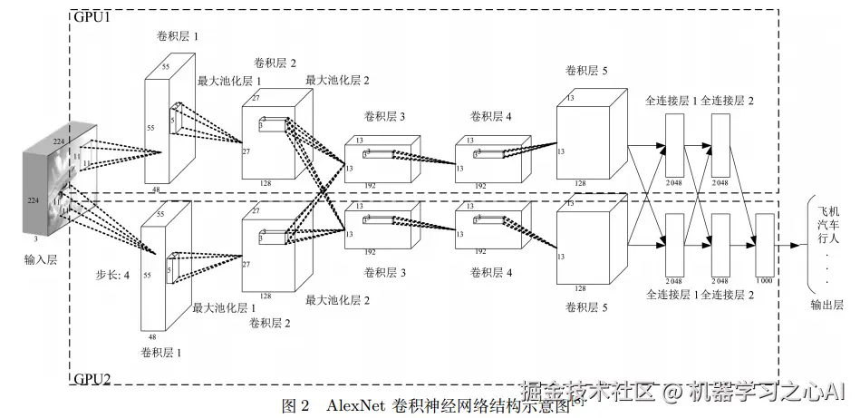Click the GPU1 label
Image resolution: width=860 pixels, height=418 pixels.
click(x=90, y=17)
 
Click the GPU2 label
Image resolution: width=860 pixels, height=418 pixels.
click(x=91, y=378)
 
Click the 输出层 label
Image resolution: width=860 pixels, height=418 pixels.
click(x=826, y=306)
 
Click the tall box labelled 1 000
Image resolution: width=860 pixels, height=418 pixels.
click(x=764, y=244)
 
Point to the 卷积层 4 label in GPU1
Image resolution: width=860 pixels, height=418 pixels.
click(x=490, y=116)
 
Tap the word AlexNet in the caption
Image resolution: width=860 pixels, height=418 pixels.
click(x=357, y=404)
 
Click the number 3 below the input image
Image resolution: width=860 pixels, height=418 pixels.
click(x=35, y=238)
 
